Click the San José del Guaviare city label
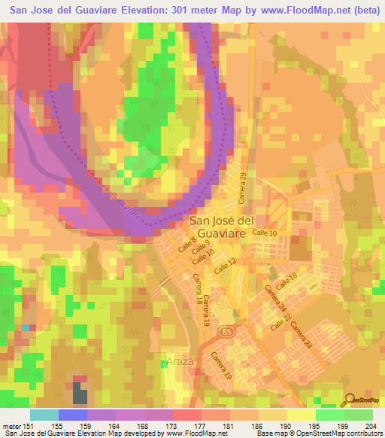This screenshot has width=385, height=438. (x=222, y=227)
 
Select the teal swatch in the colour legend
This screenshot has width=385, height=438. (x=44, y=415)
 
